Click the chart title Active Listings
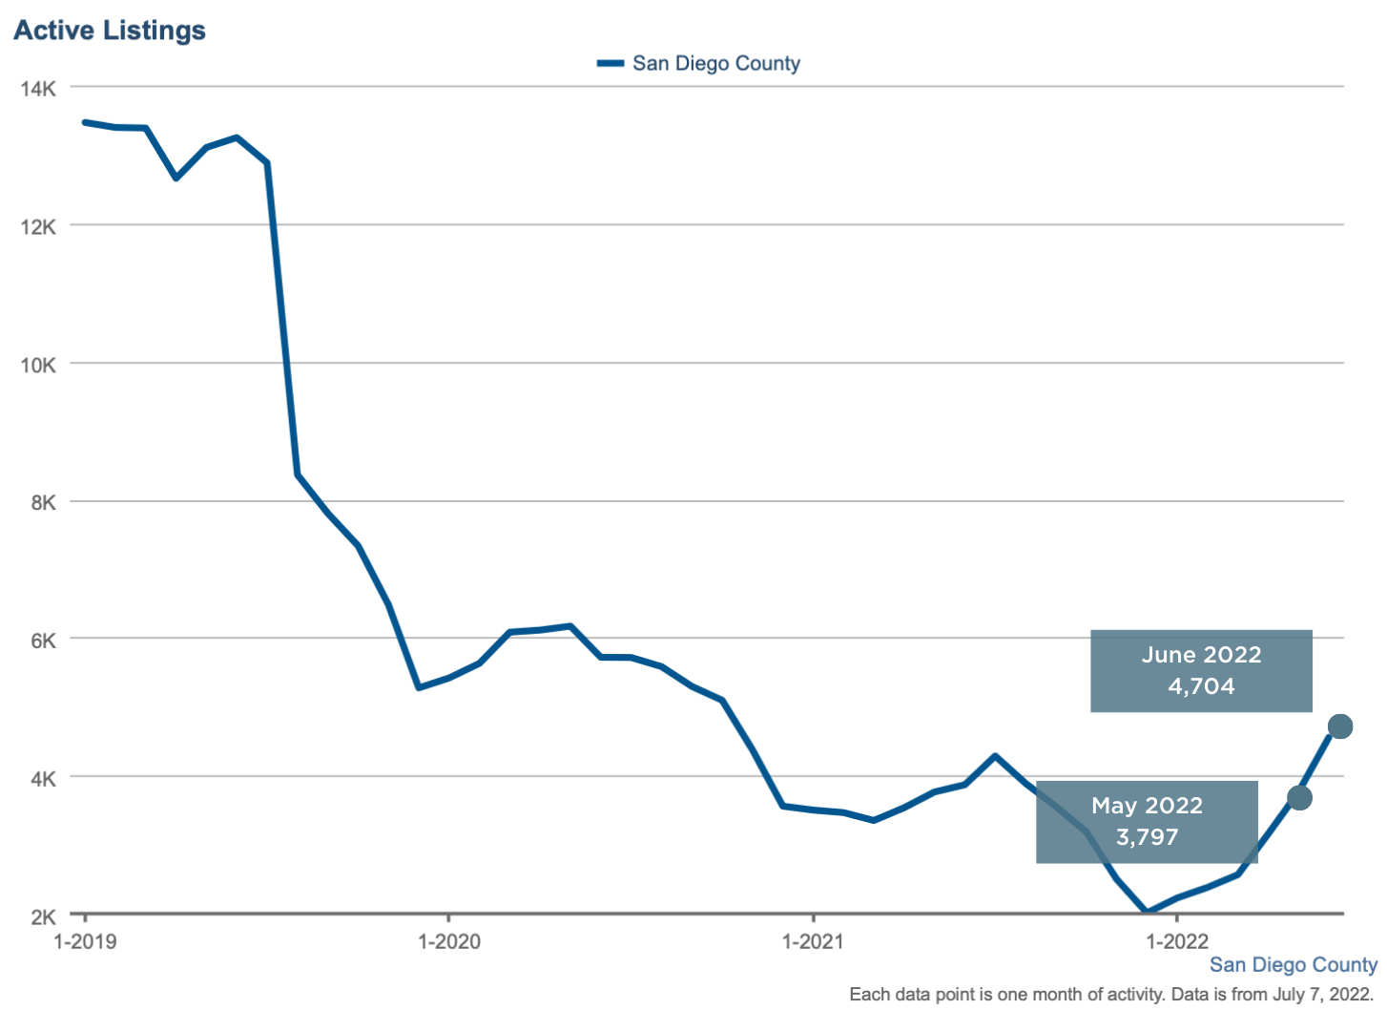pyautogui.click(x=110, y=31)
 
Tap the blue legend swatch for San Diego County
pyautogui.click(x=611, y=64)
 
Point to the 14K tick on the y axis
pyautogui.click(x=38, y=89)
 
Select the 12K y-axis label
pyautogui.click(x=38, y=227)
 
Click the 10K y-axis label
pyautogui.click(x=38, y=365)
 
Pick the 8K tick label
pyautogui.click(x=43, y=503)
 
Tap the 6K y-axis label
pyautogui.click(x=43, y=641)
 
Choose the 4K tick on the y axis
pyautogui.click(x=43, y=779)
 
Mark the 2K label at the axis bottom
pyautogui.click(x=43, y=916)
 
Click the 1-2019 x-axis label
pyautogui.click(x=85, y=941)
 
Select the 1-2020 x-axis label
pyautogui.click(x=449, y=941)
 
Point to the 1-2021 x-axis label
pyautogui.click(x=813, y=941)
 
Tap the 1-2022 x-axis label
pyautogui.click(x=1177, y=941)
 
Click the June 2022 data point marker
pyautogui.click(x=1339, y=726)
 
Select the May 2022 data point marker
pyautogui.click(x=1299, y=797)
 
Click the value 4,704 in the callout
pyautogui.click(x=1201, y=686)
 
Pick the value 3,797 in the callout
pyautogui.click(x=1147, y=837)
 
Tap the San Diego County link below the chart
pyautogui.click(x=1293, y=965)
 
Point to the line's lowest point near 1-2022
pyautogui.click(x=1147, y=912)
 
